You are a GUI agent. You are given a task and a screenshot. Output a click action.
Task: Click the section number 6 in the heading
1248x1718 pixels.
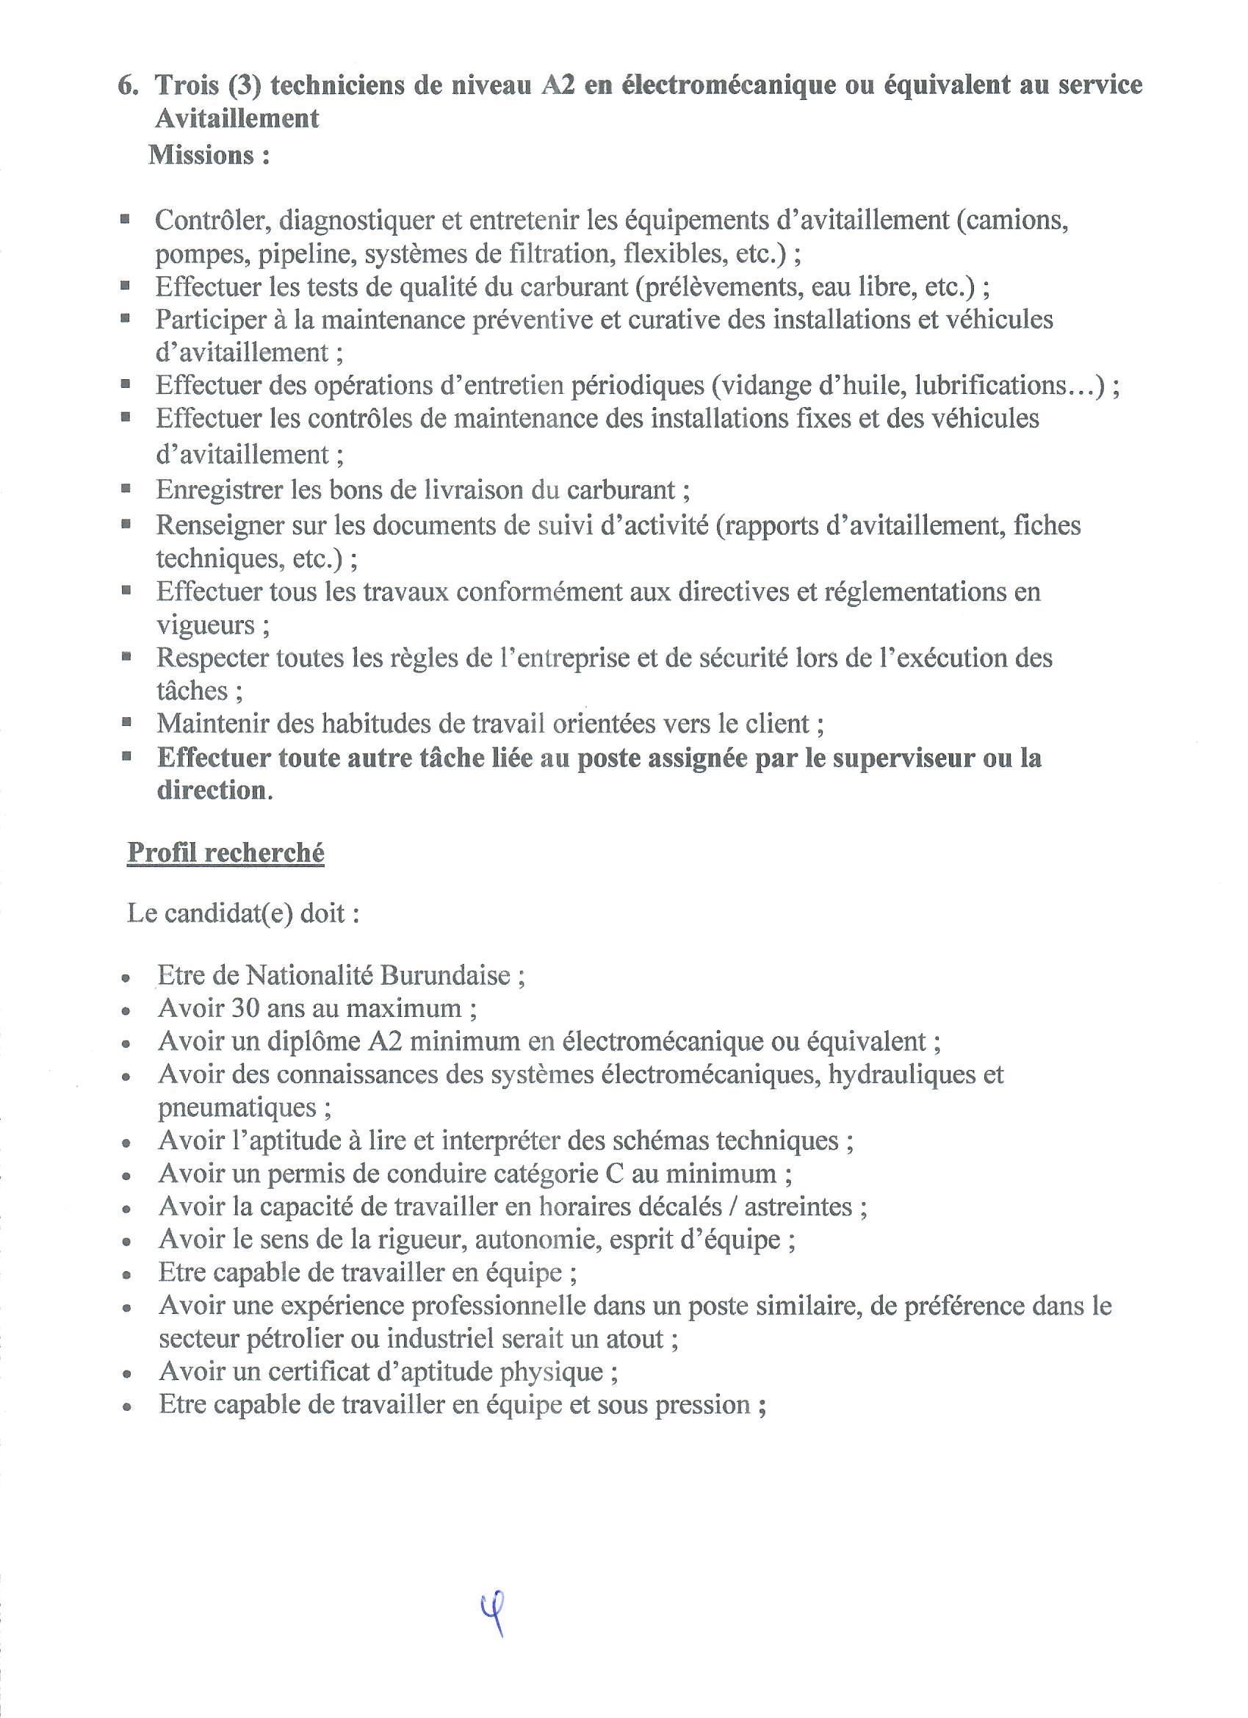tap(126, 85)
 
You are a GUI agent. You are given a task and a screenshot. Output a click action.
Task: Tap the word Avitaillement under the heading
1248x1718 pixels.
tap(237, 119)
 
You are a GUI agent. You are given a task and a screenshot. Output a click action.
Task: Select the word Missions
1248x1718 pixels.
tap(201, 155)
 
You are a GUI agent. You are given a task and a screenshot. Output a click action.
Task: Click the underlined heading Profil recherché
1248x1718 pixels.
tap(226, 853)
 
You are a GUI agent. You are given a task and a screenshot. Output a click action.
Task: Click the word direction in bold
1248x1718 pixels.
tap(212, 791)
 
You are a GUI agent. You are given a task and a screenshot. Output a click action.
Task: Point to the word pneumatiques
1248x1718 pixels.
tap(237, 1107)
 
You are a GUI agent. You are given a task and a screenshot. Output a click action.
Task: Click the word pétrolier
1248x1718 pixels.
tap(294, 1340)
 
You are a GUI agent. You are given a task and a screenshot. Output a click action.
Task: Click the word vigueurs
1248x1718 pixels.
tap(205, 625)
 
